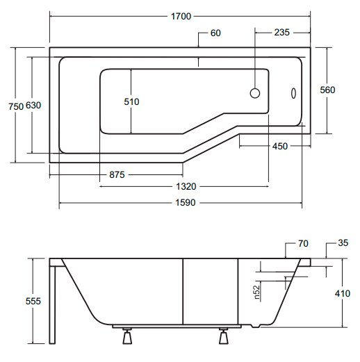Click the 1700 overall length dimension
[x=181, y=17]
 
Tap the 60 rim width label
[x=215, y=33]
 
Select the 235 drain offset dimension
[x=282, y=33]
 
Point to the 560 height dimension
[x=327, y=90]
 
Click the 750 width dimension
[x=16, y=106]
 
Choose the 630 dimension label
[x=33, y=106]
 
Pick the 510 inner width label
[x=131, y=101]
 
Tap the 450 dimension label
[x=280, y=146]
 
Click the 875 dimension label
[x=117, y=174]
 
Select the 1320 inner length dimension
[x=186, y=186]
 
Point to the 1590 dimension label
[x=186, y=203]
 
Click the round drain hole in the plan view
[x=255, y=93]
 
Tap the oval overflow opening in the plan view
[x=293, y=93]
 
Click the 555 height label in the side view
[x=33, y=301]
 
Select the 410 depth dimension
[x=343, y=294]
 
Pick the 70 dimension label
[x=303, y=244]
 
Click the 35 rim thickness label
[x=343, y=243]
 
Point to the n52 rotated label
[x=257, y=293]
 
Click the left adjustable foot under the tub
[x=127, y=336]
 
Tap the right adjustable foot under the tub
[x=224, y=336]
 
